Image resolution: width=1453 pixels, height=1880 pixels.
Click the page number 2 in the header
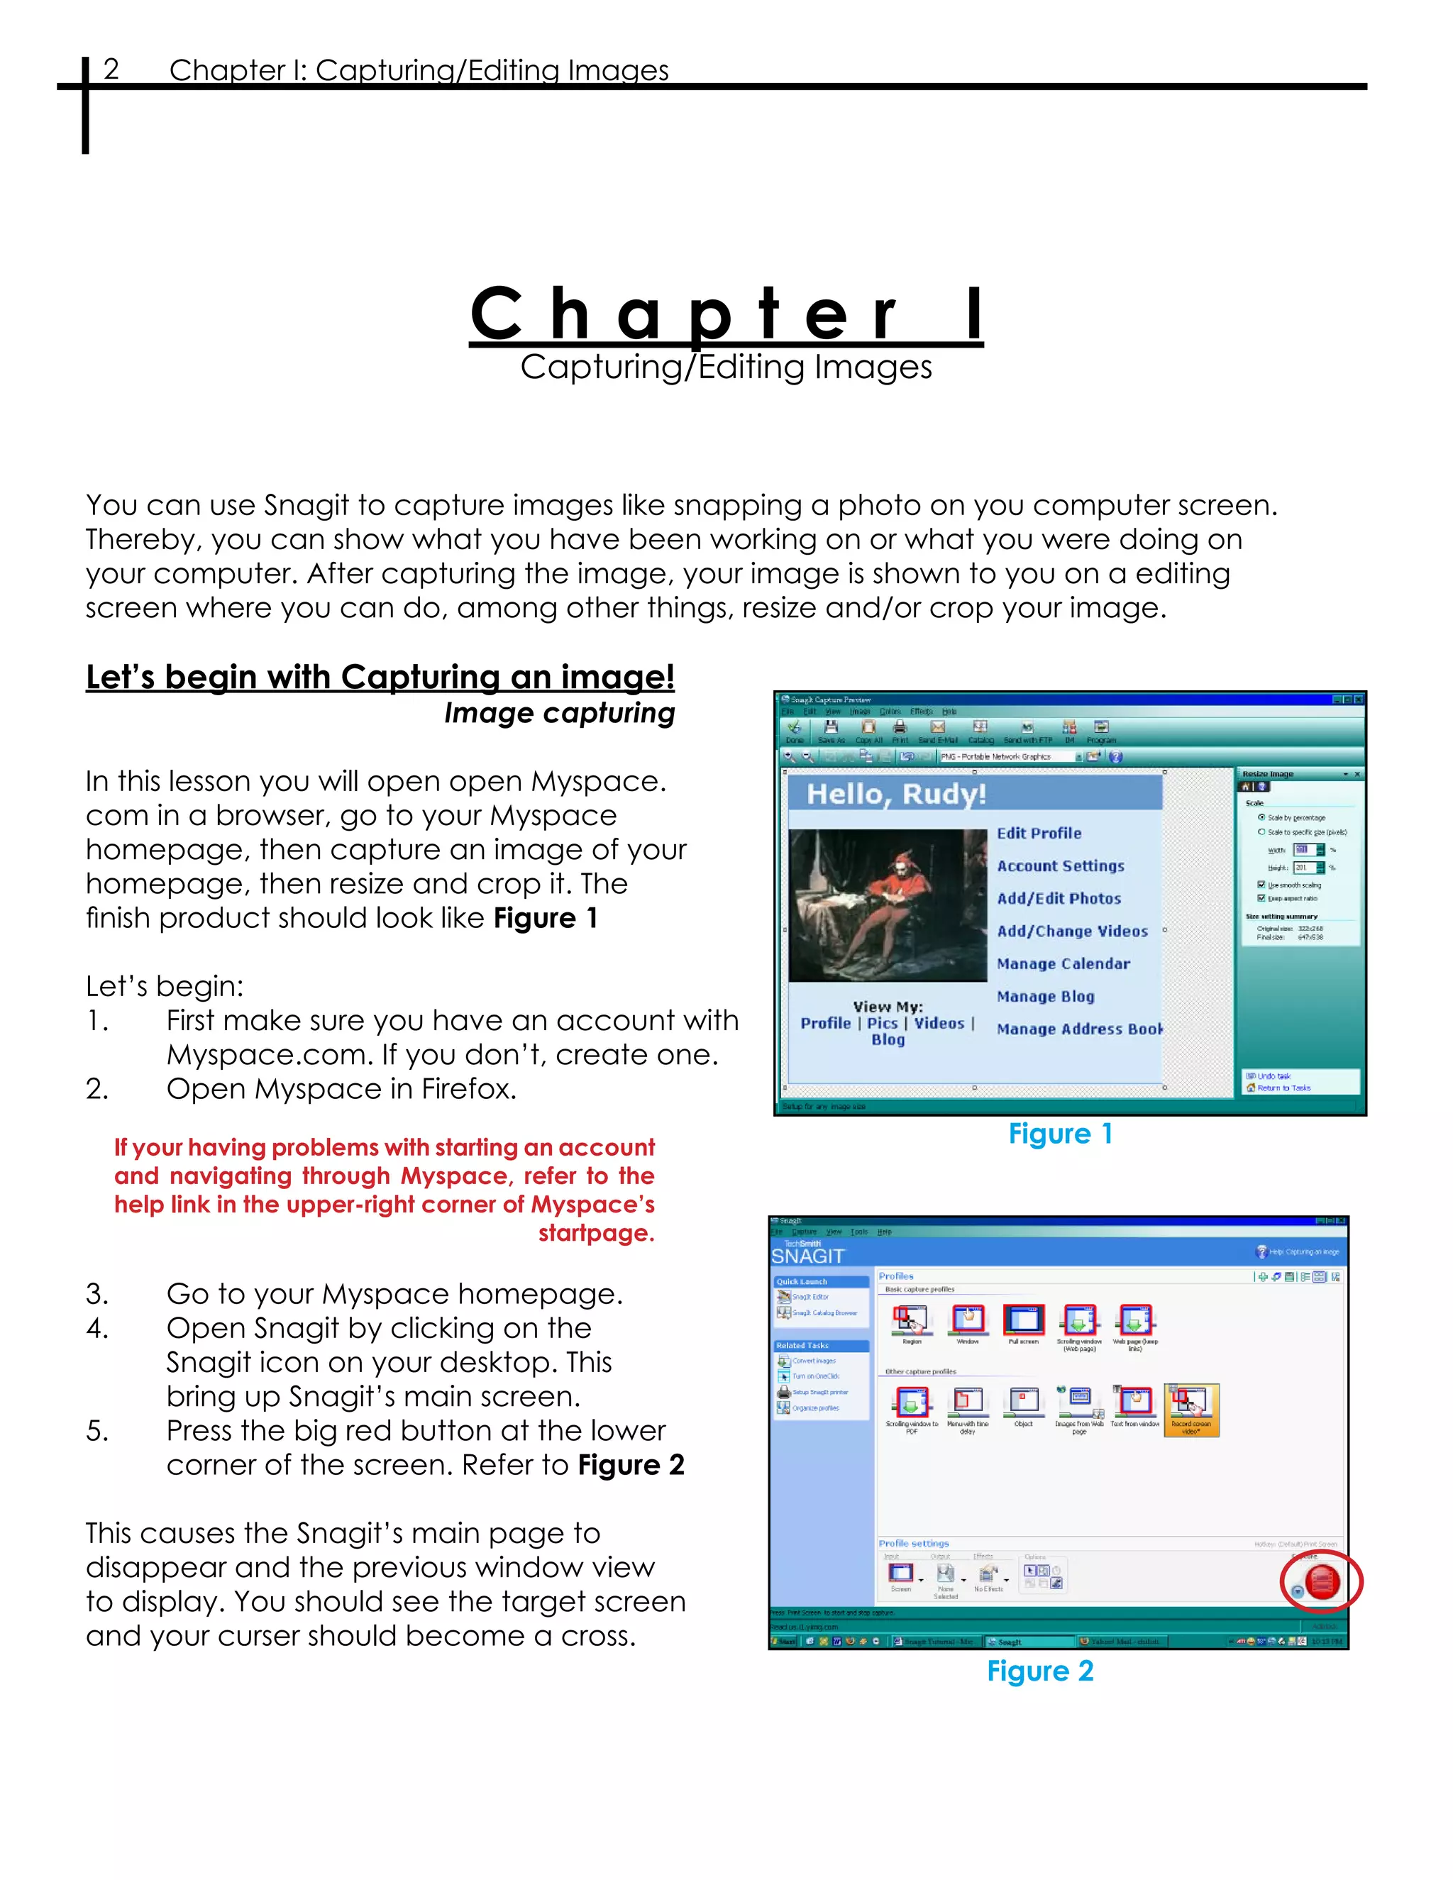click(x=111, y=69)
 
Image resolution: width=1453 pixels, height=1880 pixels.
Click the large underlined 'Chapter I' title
click(x=726, y=314)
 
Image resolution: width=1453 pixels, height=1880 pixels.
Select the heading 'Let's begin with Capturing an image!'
click(x=380, y=678)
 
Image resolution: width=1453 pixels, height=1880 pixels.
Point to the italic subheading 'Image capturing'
click(x=560, y=714)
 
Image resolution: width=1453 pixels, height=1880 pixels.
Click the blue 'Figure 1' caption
click(x=1061, y=1134)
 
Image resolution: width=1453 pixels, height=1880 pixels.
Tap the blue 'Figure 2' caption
click(x=1040, y=1671)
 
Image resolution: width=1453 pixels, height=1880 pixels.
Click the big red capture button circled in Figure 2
click(x=1321, y=1582)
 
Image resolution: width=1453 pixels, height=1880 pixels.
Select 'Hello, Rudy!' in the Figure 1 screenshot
click(x=896, y=794)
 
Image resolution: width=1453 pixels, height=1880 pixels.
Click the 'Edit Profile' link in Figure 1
click(x=1039, y=834)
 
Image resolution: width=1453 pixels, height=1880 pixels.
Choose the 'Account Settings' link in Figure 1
click(x=1061, y=866)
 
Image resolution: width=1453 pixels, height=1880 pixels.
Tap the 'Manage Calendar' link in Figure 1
click(x=1063, y=964)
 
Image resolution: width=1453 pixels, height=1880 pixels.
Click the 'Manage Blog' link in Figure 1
click(x=1045, y=997)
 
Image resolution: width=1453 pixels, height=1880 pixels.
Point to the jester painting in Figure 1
click(x=888, y=905)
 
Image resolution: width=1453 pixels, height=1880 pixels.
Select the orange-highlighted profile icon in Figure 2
click(x=1191, y=1409)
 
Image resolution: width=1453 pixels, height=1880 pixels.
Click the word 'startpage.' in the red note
click(x=597, y=1234)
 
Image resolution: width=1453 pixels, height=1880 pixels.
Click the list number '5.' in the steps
click(x=97, y=1431)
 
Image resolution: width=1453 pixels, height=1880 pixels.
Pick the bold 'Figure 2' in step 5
click(x=631, y=1465)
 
